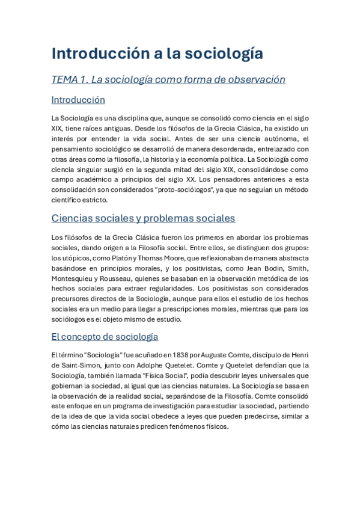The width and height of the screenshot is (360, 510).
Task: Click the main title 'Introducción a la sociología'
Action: click(157, 54)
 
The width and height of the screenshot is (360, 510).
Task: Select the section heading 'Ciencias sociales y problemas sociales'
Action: click(143, 218)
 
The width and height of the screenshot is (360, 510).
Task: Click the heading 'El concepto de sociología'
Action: click(105, 336)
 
